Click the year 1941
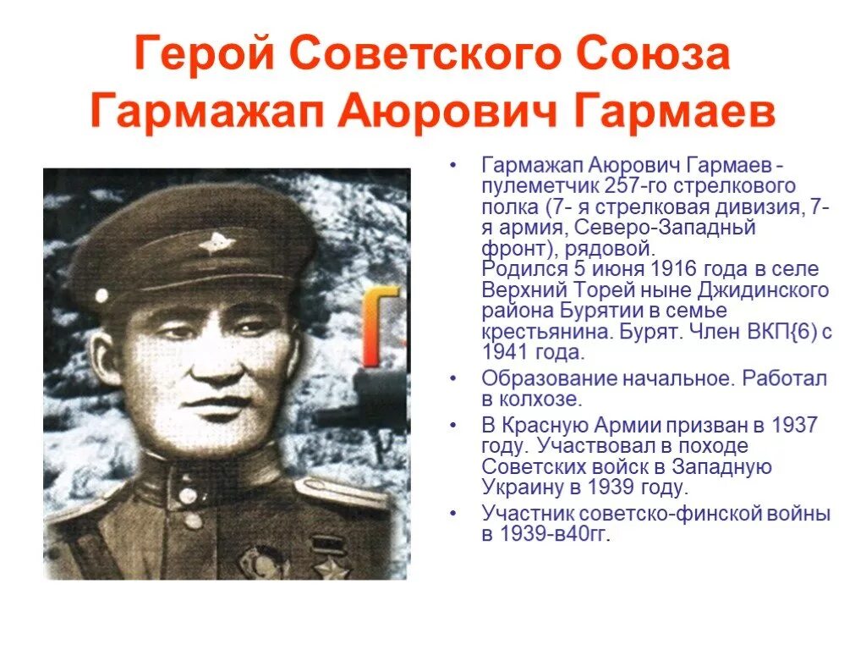point(510,352)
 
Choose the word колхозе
point(540,398)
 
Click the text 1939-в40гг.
point(556,534)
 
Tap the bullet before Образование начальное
point(454,378)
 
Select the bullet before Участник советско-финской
point(454,514)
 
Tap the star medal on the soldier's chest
point(332,565)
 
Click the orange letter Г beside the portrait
point(382,314)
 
